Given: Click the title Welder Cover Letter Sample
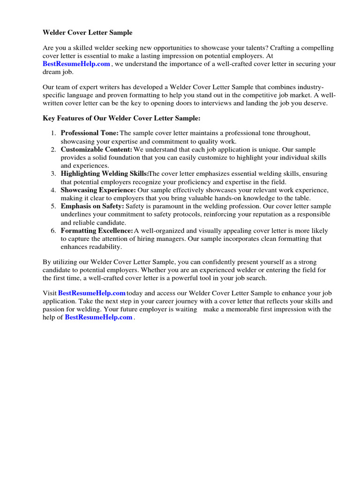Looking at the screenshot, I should pyautogui.click(x=88, y=33).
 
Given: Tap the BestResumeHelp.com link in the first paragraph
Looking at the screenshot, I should pyautogui.click(x=76, y=64).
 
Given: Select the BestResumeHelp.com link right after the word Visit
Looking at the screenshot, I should pyautogui.click(x=91, y=293).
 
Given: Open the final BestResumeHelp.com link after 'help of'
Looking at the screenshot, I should pyautogui.click(x=98, y=317).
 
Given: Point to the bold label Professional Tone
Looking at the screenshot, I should pyautogui.click(x=90, y=133).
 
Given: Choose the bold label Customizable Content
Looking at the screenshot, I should pyautogui.click(x=97, y=150).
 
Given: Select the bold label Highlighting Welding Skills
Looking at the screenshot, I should pyautogui.click(x=105, y=174).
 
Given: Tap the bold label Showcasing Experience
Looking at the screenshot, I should pyautogui.click(x=98, y=190).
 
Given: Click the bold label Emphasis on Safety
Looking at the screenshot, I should pyautogui.click(x=92, y=206).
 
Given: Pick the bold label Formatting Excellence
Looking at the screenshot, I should pyautogui.click(x=97, y=231).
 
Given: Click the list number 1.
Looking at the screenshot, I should pyautogui.click(x=53, y=133).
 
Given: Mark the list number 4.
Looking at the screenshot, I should pyautogui.click(x=53, y=190).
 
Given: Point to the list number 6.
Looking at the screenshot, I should pyautogui.click(x=53, y=231).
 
